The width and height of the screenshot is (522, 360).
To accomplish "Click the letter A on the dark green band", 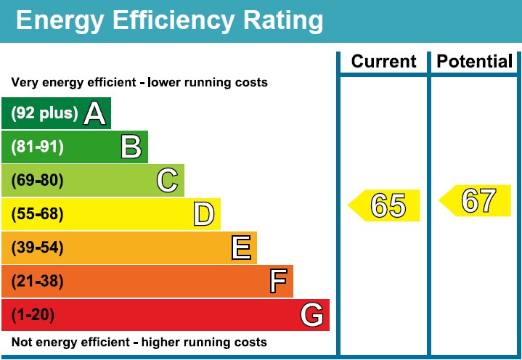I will (94, 113).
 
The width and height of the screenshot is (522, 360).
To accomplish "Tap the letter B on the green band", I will (131, 147).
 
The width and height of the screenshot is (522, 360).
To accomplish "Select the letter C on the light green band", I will (167, 180).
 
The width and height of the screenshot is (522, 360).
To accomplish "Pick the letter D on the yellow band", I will (204, 214).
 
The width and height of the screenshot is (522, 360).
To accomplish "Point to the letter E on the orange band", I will (242, 248).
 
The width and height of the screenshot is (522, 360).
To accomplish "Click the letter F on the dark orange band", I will (278, 281).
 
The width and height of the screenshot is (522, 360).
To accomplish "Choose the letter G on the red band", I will (311, 315).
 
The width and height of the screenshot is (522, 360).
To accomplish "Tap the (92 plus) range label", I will (44, 113).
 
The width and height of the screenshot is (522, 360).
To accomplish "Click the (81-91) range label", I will (38, 147).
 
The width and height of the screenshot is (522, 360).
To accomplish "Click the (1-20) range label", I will (33, 315).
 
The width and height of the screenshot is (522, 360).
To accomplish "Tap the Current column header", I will (384, 62).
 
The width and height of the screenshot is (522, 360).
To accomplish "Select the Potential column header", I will (475, 62).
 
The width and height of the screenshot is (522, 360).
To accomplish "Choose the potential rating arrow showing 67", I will (477, 200).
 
